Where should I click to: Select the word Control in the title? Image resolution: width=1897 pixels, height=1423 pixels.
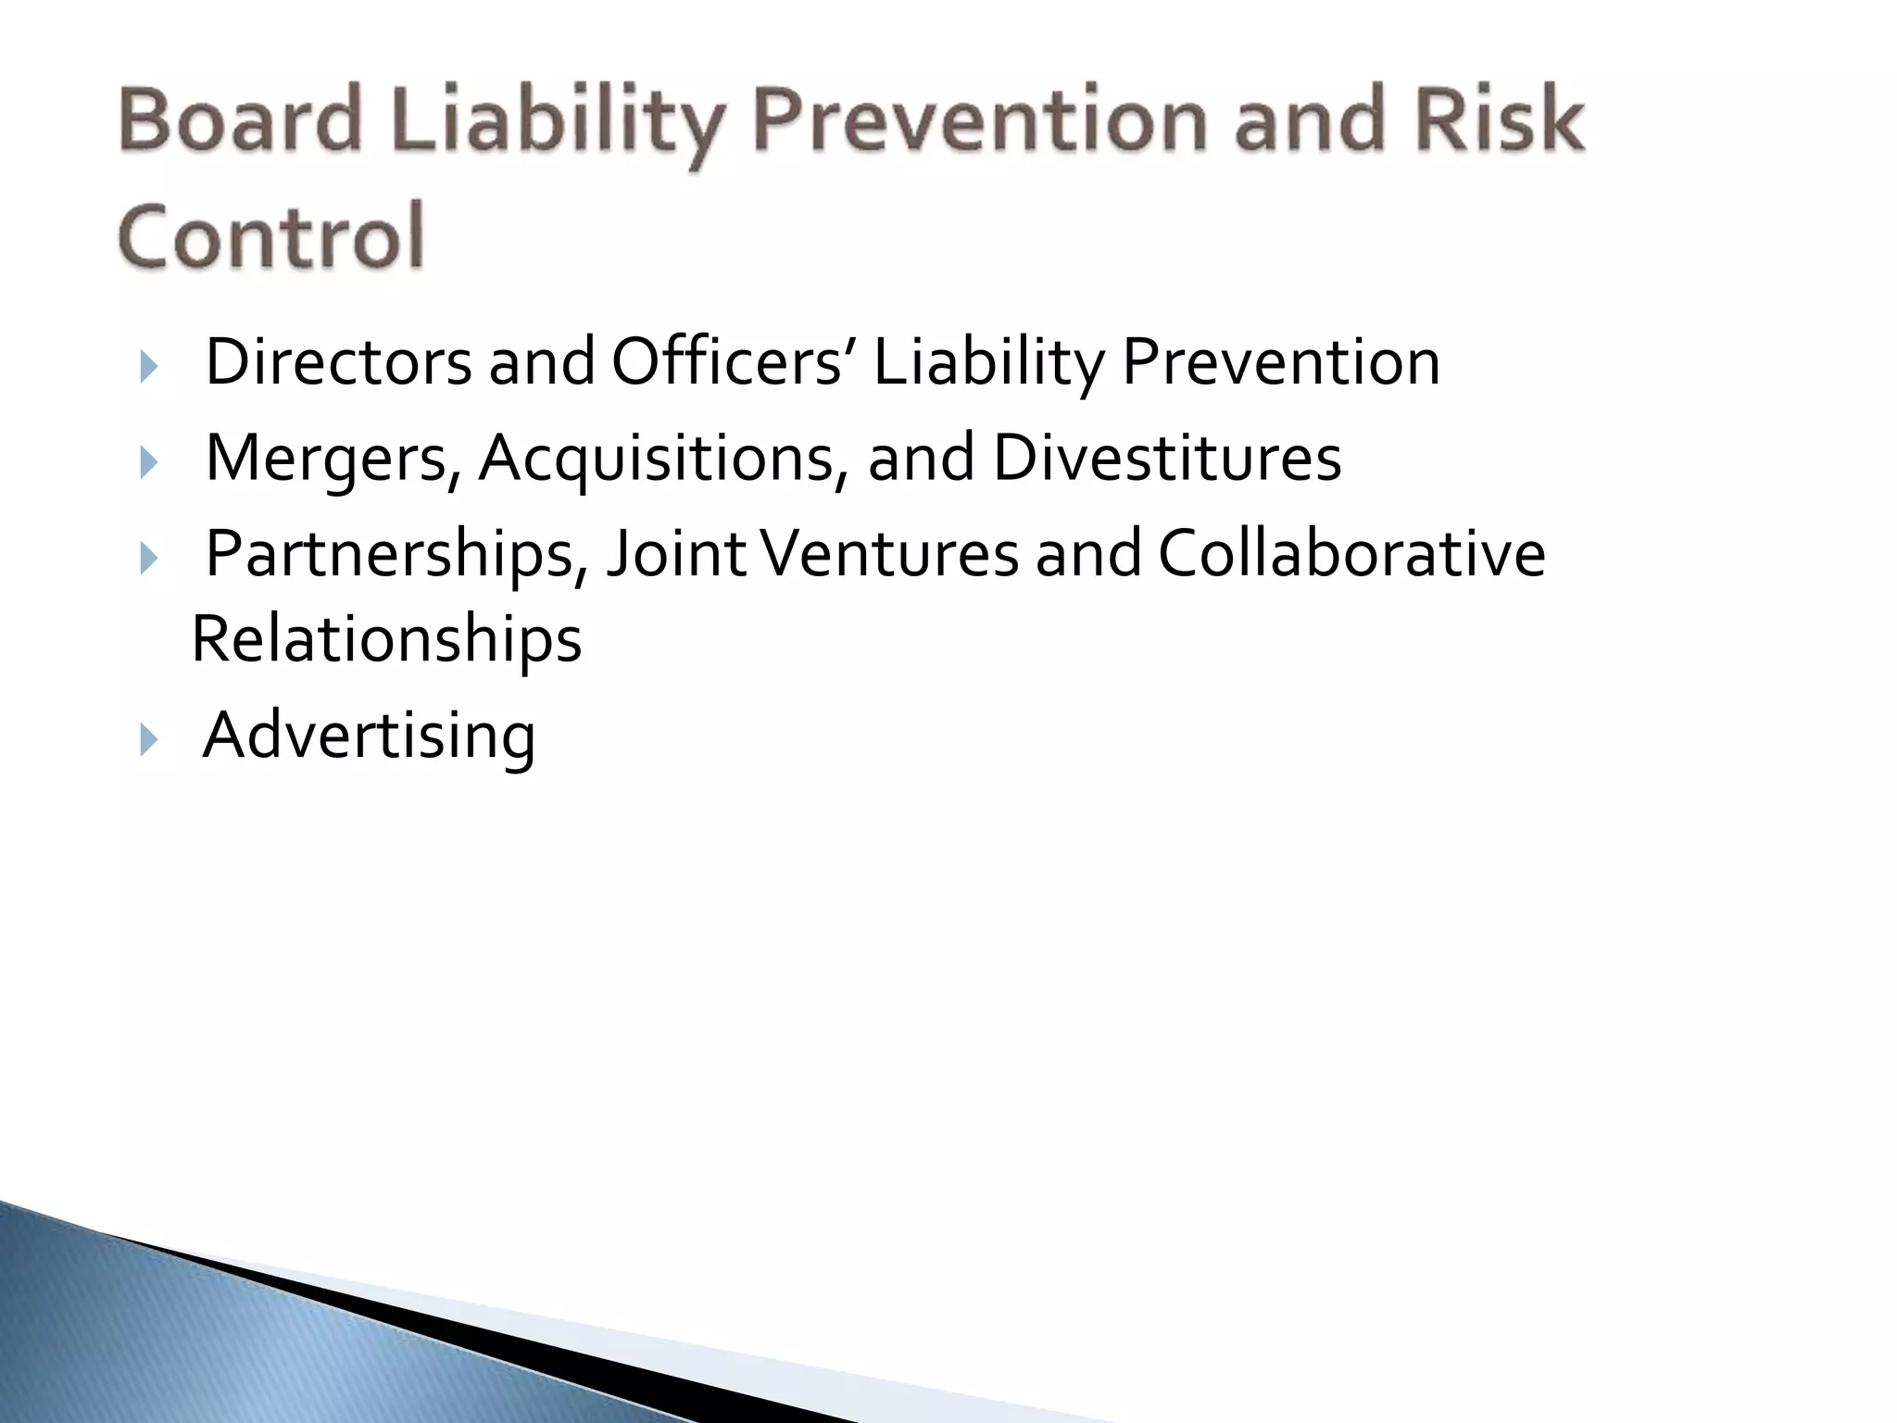click(x=271, y=235)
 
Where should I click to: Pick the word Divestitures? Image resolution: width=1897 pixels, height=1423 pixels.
click(x=1167, y=458)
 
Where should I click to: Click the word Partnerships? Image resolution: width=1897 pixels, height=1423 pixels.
click(x=396, y=554)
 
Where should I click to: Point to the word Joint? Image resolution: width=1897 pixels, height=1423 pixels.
click(x=676, y=554)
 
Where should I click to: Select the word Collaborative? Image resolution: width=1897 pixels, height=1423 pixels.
click(x=1351, y=554)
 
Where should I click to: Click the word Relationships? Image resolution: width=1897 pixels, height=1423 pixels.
click(x=386, y=639)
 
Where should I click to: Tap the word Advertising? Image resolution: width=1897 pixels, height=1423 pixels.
click(x=369, y=736)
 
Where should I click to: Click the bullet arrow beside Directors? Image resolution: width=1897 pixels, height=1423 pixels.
click(x=148, y=367)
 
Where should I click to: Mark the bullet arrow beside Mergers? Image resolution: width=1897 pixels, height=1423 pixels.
click(x=148, y=462)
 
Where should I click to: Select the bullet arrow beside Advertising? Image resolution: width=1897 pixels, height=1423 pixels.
click(x=148, y=740)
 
